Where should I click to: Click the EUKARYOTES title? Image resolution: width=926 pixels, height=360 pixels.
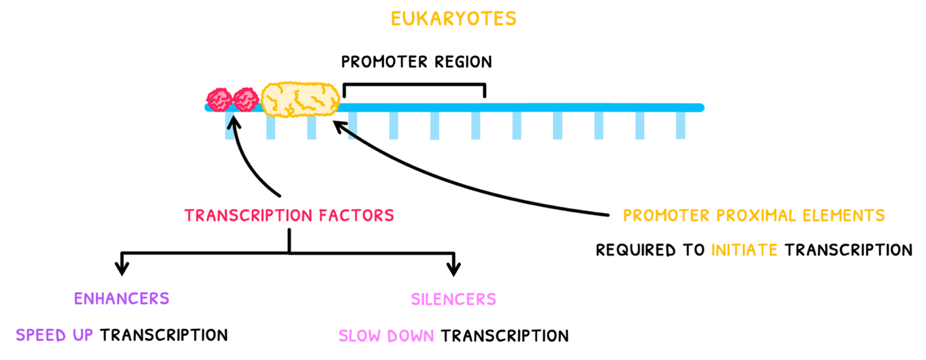pos(453,18)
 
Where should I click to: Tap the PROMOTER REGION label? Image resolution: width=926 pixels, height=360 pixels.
pos(416,62)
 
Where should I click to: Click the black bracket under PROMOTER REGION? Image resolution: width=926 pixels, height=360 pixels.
pos(415,85)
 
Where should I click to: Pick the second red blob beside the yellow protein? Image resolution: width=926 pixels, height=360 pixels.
pos(245,99)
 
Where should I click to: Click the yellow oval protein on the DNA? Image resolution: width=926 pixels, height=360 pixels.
pos(300,99)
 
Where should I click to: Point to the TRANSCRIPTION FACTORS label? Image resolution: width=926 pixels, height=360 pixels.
pos(289,216)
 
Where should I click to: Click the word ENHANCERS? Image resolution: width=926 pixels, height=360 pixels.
pos(121,299)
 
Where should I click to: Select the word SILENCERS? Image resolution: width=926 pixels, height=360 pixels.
pos(453,299)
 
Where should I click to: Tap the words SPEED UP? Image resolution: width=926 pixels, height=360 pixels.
pos(55,335)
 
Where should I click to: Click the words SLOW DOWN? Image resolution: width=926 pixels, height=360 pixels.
pos(387,336)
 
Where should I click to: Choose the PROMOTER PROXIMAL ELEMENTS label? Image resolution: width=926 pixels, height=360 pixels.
pos(754,216)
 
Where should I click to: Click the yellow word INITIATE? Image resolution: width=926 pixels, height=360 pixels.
pos(744,250)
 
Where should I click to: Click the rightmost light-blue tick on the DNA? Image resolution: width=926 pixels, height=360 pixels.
pos(680,125)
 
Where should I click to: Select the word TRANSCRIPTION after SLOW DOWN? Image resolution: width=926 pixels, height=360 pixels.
pos(505,336)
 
